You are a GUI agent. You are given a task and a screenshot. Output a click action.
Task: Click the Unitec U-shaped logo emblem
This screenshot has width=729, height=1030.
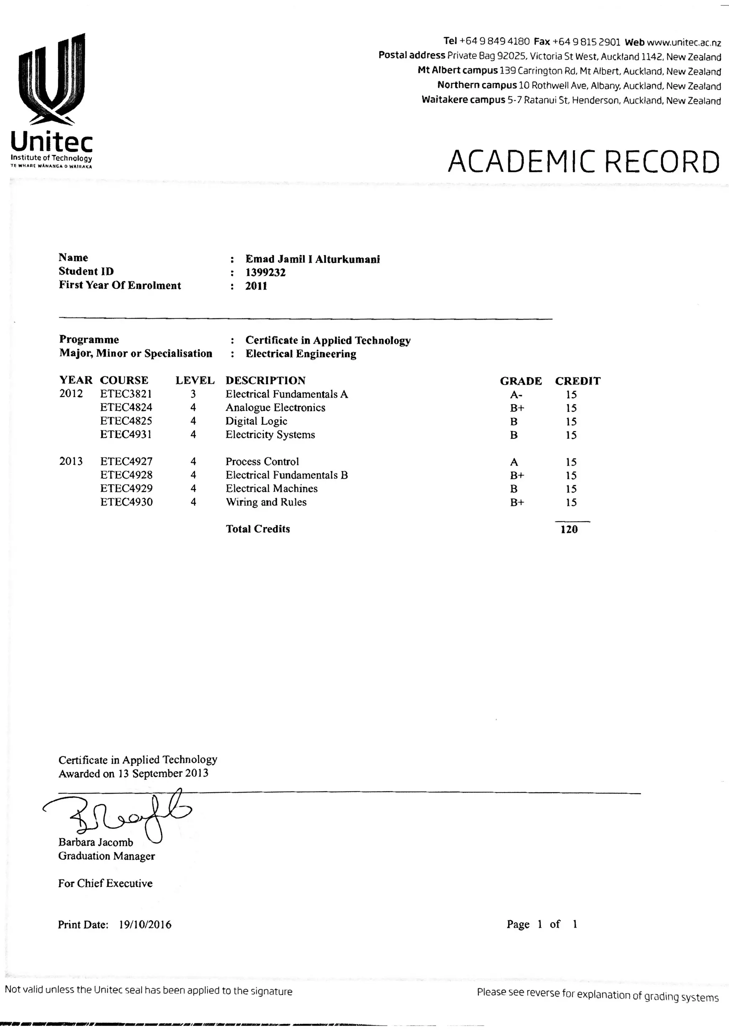click(x=52, y=79)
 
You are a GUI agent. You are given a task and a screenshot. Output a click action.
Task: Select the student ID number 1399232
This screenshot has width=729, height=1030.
click(x=265, y=272)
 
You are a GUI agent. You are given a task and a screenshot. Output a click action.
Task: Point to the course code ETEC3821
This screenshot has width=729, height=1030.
click(x=126, y=394)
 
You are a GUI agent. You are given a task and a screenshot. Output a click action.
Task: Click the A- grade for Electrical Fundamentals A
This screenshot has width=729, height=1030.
click(x=516, y=395)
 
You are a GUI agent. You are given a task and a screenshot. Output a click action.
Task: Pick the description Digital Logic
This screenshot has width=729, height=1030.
click(x=256, y=421)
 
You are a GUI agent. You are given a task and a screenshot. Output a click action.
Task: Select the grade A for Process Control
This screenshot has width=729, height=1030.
click(x=514, y=462)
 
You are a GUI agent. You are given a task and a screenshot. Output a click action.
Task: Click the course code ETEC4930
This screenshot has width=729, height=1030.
click(x=126, y=502)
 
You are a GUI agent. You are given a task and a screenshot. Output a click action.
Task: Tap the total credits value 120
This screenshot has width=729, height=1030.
click(x=569, y=529)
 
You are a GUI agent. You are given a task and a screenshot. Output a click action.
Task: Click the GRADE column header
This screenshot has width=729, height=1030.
click(x=521, y=381)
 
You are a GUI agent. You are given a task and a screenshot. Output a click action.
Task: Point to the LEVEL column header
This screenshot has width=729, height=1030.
click(x=195, y=381)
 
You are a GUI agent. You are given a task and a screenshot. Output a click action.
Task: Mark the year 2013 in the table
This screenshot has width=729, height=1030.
click(x=71, y=461)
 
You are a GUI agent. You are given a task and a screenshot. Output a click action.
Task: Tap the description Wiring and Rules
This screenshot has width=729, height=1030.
click(x=266, y=502)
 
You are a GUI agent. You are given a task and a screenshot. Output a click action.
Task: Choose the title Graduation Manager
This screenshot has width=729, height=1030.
click(x=106, y=856)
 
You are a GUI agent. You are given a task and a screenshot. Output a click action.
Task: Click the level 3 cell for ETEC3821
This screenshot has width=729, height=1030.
click(x=193, y=394)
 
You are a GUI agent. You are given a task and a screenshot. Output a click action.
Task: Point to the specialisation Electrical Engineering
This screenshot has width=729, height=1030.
click(x=301, y=354)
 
